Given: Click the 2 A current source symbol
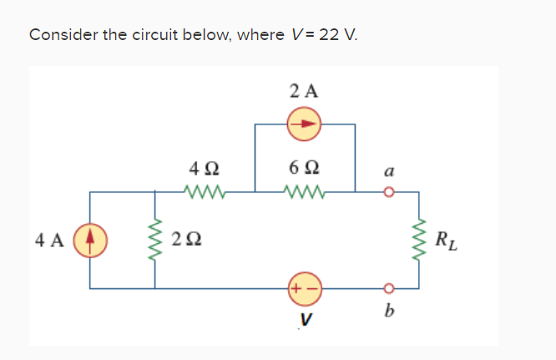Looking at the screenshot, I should (x=304, y=124).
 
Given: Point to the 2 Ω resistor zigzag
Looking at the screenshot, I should (x=154, y=240).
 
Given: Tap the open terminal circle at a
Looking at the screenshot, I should (x=387, y=192).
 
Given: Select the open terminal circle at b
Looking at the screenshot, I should (x=387, y=288).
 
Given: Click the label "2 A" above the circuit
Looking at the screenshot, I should (x=304, y=91).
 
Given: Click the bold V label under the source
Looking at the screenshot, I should (x=305, y=318).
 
